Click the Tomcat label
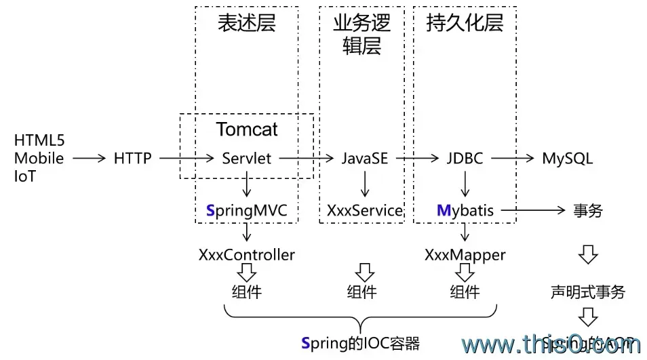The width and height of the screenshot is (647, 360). [247, 129]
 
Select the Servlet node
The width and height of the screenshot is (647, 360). [247, 159]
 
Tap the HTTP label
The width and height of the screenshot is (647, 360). [133, 159]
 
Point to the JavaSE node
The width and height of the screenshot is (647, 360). [365, 159]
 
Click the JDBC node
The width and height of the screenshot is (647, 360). [465, 159]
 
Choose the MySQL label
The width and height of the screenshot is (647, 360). [567, 159]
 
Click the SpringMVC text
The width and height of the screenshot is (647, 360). [247, 211]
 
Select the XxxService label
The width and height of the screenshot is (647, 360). [365, 211]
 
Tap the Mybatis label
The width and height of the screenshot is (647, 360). [465, 211]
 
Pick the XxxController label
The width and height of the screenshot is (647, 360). [247, 255]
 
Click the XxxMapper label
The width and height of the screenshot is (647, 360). [465, 255]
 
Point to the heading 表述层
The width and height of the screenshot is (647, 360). [247, 24]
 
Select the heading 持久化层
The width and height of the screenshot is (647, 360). [465, 24]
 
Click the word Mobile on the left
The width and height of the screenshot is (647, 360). [39, 159]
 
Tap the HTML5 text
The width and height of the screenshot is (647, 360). [39, 142]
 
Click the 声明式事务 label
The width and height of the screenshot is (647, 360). [587, 293]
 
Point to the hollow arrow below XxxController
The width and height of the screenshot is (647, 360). [247, 273]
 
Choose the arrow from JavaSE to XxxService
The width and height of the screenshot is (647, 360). [365, 184]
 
